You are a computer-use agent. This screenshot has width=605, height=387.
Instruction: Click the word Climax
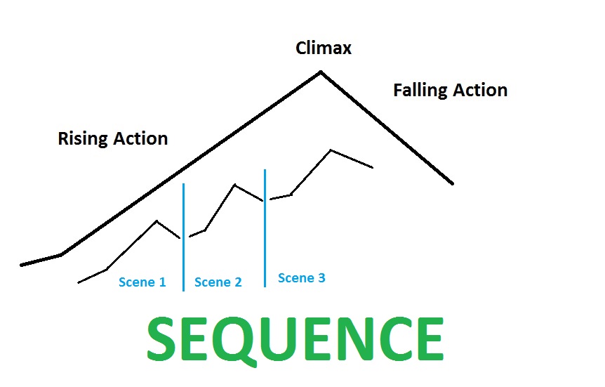(x=324, y=48)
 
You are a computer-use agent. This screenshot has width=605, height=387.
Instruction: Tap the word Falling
(x=418, y=91)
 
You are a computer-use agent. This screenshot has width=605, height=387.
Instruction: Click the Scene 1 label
(x=142, y=282)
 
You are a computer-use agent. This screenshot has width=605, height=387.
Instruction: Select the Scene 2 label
(x=218, y=282)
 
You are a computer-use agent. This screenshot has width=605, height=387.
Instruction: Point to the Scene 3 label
(x=302, y=278)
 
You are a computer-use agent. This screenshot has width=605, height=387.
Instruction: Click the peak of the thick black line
(x=321, y=72)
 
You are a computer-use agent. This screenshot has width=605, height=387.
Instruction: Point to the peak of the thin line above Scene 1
(x=157, y=221)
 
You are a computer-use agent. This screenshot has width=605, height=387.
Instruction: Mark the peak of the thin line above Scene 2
(x=234, y=185)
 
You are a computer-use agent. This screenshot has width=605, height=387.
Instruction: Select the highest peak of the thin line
(x=331, y=150)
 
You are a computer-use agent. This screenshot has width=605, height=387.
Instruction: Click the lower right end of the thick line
(x=453, y=184)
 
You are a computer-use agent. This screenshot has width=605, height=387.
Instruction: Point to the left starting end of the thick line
(x=22, y=265)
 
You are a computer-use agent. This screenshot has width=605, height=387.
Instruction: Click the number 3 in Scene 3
(x=321, y=278)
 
